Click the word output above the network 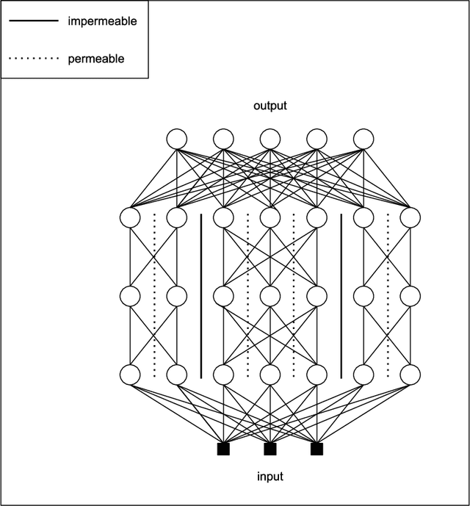(x=270, y=106)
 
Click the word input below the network (x=270, y=477)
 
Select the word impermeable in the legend (x=102, y=21)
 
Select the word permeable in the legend (x=95, y=59)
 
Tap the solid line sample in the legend (x=33, y=21)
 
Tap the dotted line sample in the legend (x=33, y=59)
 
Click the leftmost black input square (x=223, y=448)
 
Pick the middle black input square (x=270, y=448)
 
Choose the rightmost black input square (x=317, y=448)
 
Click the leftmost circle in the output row (x=177, y=138)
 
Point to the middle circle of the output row (x=270, y=138)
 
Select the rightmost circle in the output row (x=364, y=138)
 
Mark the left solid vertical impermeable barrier (x=200, y=295)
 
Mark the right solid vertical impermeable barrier (x=341, y=295)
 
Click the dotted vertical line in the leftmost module (x=153, y=295)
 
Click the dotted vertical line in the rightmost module (x=387, y=295)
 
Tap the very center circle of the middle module (x=270, y=295)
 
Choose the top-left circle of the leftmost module (x=130, y=217)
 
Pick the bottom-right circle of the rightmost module (x=411, y=374)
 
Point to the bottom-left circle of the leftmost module (x=130, y=374)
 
